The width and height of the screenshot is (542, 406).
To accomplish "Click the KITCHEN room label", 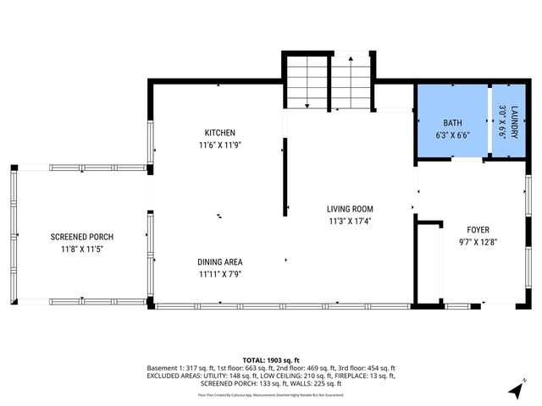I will click(219, 133).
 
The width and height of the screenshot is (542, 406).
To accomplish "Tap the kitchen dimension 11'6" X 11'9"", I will click(219, 145).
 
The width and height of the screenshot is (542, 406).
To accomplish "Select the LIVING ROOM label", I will click(350, 209).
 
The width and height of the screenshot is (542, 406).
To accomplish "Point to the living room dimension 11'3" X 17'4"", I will click(350, 221).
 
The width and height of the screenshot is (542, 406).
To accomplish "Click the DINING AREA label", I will click(220, 262).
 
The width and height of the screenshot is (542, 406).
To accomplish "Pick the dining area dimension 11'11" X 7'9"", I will click(220, 274).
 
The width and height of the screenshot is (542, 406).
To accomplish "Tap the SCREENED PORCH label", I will click(81, 237).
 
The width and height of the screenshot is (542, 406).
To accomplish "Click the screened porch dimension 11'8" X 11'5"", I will click(81, 250).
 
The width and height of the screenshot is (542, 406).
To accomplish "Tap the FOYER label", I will click(478, 229).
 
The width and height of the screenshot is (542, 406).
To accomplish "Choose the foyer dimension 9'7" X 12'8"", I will click(478, 242).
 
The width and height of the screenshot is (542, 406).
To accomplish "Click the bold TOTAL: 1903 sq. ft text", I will click(271, 359).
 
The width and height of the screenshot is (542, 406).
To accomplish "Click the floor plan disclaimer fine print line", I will click(271, 394).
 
